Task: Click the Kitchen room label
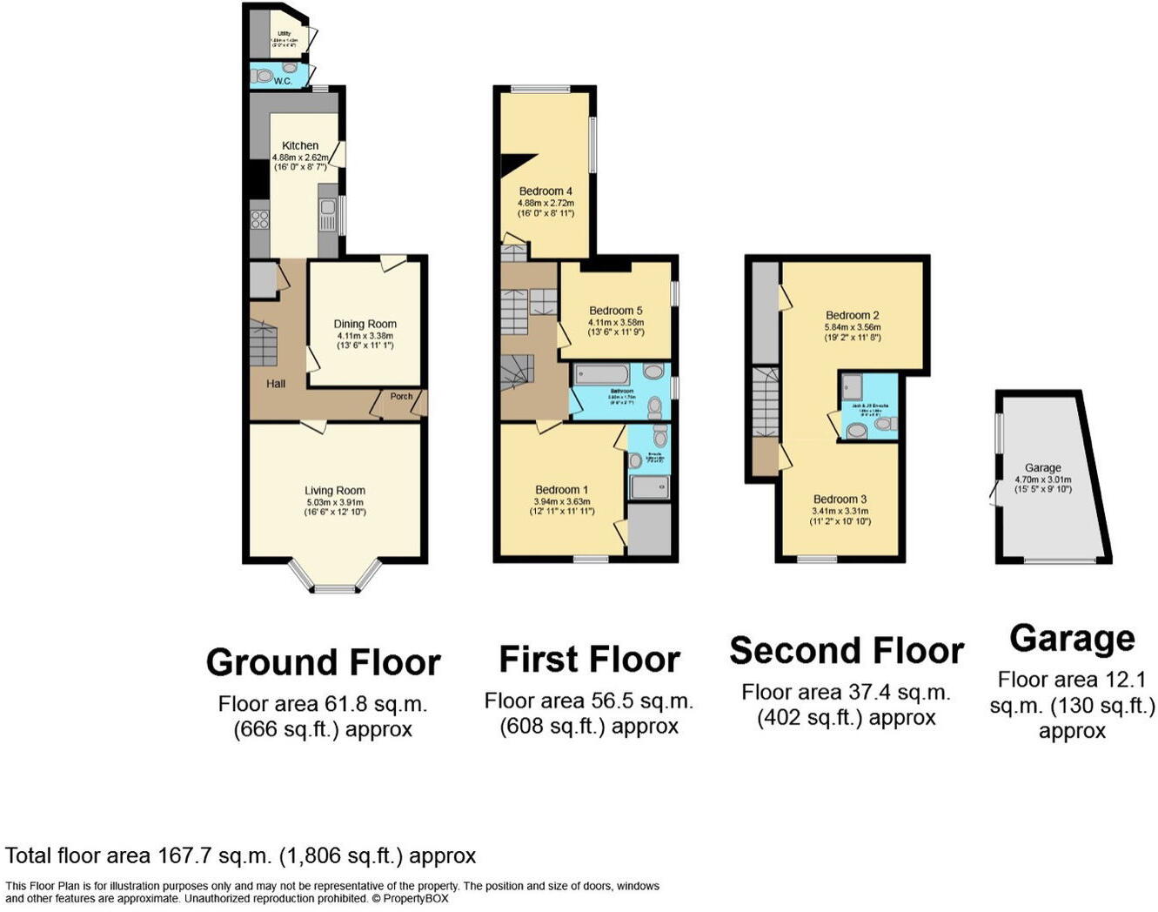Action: (300, 145)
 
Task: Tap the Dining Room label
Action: (365, 324)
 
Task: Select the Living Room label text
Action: (335, 490)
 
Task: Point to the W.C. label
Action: (283, 81)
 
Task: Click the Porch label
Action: (401, 396)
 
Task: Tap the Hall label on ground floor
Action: (276, 383)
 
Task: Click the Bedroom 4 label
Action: (546, 191)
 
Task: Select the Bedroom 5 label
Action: (615, 310)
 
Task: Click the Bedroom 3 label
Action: (840, 499)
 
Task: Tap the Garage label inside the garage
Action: (1042, 467)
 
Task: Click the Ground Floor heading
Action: (323, 662)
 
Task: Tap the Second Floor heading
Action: (846, 651)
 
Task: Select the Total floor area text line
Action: (241, 855)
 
